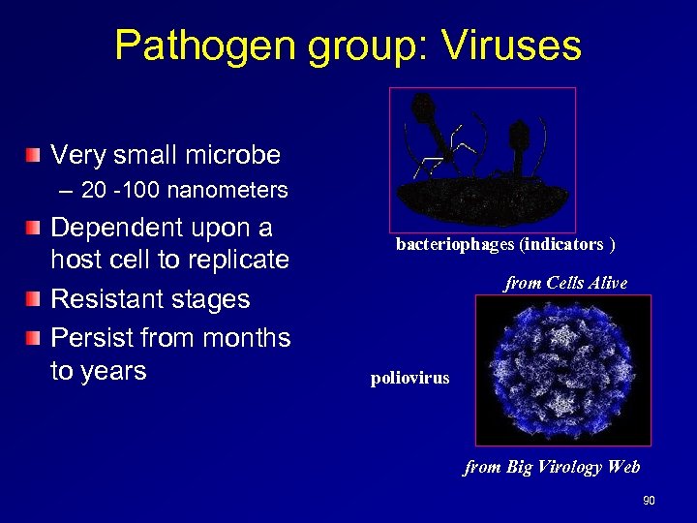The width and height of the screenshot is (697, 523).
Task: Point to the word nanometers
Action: pos(227,191)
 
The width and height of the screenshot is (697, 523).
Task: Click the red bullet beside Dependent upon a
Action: pos(35,229)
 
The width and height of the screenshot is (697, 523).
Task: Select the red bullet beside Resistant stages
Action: pos(35,299)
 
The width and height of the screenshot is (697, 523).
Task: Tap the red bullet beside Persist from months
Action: pos(35,338)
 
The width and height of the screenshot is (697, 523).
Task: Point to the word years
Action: pos(113,371)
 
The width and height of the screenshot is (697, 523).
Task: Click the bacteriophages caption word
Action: pos(455,245)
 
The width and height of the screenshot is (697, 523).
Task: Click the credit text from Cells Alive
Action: pos(565,284)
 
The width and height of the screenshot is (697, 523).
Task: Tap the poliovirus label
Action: pos(409,379)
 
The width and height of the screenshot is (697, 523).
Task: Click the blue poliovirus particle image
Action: pos(562,370)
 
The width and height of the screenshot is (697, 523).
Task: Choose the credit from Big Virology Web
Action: pos(552,468)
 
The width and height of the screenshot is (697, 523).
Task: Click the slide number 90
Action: pos(649,501)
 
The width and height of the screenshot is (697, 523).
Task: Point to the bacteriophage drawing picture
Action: pos(482,159)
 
